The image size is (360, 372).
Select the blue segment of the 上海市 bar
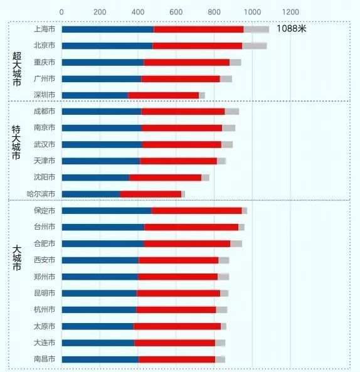pos(107,29)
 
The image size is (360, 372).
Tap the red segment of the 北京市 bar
pos(198,46)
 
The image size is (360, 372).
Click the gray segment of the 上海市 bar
pos(257,29)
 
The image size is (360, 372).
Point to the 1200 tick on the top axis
pos(290,12)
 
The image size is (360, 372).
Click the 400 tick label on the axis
pos(138,12)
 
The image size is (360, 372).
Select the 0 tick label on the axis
pos(61,12)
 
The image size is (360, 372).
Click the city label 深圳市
pos(44,95)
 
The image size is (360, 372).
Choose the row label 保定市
pos(44,211)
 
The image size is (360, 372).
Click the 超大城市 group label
pos(17,69)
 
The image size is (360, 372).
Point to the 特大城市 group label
pos(17,143)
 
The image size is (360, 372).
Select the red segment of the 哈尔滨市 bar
pos(151,194)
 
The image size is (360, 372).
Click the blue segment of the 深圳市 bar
pos(95,95)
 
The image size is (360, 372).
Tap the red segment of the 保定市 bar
pos(197,211)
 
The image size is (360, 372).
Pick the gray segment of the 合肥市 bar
pos(236,243)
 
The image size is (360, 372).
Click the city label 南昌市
pos(44,359)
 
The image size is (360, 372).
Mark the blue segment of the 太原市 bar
pos(97,326)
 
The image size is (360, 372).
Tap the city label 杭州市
pos(44,310)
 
